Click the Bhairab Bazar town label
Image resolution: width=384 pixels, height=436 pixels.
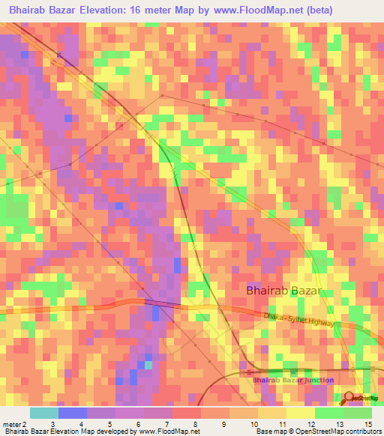[284, 291]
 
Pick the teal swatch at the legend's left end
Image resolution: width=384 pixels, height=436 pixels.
[44, 413]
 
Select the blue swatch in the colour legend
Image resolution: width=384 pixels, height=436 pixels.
[73, 413]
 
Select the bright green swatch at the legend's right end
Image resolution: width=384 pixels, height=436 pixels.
[357, 413]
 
